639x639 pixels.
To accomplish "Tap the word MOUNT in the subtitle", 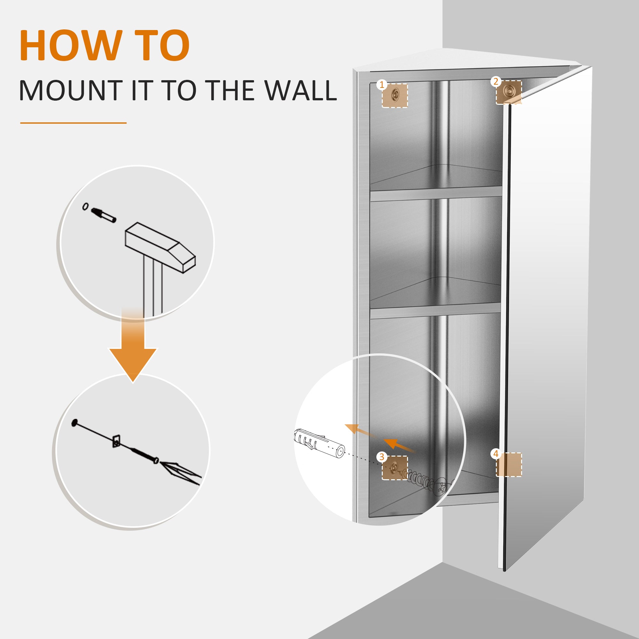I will (x=71, y=90).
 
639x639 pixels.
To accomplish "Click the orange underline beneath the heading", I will (x=73, y=123).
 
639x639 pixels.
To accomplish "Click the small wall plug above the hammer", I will (x=104, y=215).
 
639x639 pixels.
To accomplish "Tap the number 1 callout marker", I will (x=382, y=85).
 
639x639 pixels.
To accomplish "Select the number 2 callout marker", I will (x=496, y=81).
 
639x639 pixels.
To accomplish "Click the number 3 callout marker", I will (x=382, y=457).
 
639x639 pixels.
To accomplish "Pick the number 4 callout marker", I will (x=496, y=454).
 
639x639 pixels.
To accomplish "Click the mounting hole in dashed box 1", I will (x=395, y=95).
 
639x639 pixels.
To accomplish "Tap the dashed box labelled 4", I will (x=509, y=465).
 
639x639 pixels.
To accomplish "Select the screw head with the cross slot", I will (x=440, y=486).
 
